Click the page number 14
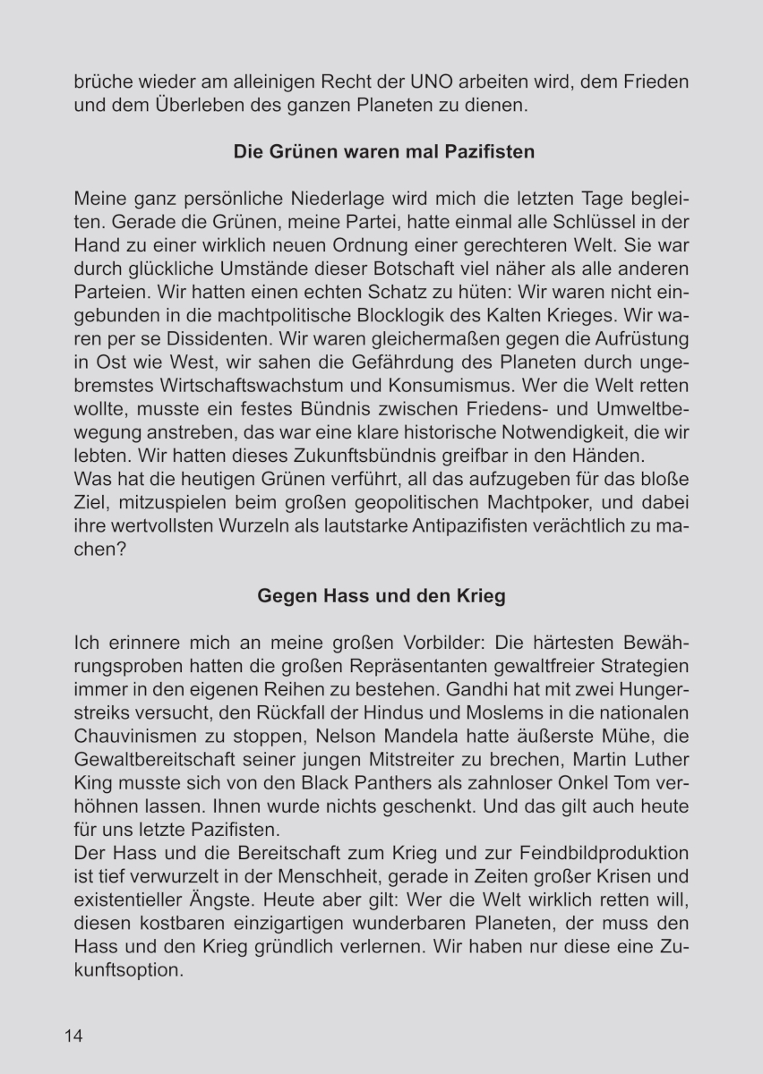pos(73,1036)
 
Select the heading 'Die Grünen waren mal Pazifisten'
pos(383,151)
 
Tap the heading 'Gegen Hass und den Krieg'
pos(381,596)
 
